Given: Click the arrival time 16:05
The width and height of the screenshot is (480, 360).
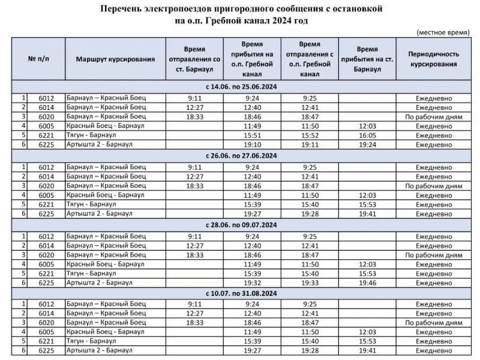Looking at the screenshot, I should click(x=367, y=136).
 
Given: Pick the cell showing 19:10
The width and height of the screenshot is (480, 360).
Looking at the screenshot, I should click(x=251, y=145).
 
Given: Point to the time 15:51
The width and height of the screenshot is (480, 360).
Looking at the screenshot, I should click(x=251, y=136).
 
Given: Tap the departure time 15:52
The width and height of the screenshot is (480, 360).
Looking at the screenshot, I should click(x=310, y=136).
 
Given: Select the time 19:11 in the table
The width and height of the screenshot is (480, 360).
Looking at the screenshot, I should click(x=310, y=145).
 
